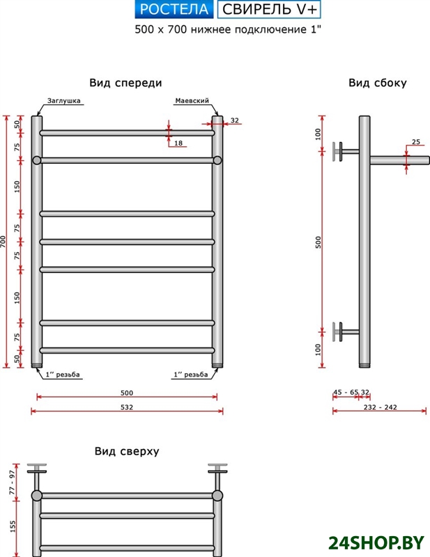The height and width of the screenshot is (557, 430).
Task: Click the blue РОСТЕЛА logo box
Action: point(174,9)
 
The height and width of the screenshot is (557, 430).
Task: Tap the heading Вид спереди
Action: point(125,83)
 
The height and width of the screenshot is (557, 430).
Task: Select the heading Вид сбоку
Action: point(377,83)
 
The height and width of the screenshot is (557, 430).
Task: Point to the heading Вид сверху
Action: point(127,451)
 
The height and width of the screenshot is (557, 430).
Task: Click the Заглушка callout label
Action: point(65,100)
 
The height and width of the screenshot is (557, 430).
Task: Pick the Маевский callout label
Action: point(192,100)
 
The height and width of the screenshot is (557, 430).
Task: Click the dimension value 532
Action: point(126,407)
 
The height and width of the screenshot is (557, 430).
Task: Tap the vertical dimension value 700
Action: point(4,242)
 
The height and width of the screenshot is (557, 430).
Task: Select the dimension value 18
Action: point(178,143)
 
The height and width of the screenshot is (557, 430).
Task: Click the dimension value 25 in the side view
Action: point(416,142)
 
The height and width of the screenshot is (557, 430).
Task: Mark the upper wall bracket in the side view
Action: point(341,151)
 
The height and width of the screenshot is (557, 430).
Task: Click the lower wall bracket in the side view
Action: point(341,332)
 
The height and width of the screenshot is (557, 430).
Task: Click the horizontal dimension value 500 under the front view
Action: point(126,392)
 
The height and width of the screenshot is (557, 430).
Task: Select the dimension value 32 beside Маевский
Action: point(235,120)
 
